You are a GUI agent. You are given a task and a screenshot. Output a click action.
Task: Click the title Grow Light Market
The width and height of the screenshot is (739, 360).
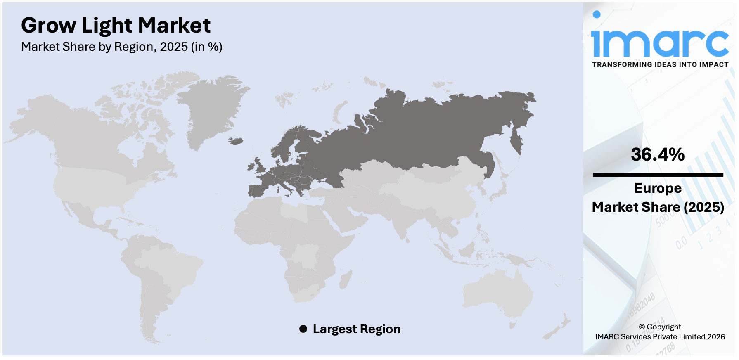click(x=116, y=26)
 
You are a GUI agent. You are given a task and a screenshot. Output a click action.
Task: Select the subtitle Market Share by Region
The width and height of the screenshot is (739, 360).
click(x=121, y=47)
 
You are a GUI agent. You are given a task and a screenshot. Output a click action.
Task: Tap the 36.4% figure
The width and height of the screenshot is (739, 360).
click(x=658, y=155)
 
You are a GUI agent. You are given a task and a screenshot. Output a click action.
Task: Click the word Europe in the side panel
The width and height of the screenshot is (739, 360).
click(x=658, y=188)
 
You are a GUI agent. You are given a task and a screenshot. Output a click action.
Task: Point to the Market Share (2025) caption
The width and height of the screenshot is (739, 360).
click(x=658, y=207)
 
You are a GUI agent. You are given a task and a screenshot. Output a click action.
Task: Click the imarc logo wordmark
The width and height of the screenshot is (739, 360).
click(x=659, y=43)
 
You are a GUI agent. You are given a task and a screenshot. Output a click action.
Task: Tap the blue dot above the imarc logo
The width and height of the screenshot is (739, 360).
click(x=597, y=15)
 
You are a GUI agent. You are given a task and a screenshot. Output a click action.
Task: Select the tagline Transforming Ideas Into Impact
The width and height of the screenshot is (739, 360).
click(x=660, y=65)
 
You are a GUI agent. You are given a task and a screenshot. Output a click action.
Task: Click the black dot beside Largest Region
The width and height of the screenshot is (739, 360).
click(x=303, y=329)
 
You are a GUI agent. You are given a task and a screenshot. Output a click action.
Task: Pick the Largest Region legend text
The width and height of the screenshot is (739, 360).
click(x=356, y=329)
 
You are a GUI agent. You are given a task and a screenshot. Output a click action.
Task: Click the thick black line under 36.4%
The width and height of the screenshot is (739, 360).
click(x=658, y=175)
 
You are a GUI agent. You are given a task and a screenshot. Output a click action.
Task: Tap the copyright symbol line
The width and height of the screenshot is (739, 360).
click(x=660, y=327)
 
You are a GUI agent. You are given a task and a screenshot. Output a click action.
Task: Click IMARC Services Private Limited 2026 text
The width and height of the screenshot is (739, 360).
click(x=660, y=337)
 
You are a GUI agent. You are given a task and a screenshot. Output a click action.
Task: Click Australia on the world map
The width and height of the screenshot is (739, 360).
click(x=495, y=293)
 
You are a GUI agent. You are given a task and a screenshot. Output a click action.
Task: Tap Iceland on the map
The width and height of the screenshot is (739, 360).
click(x=236, y=141)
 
